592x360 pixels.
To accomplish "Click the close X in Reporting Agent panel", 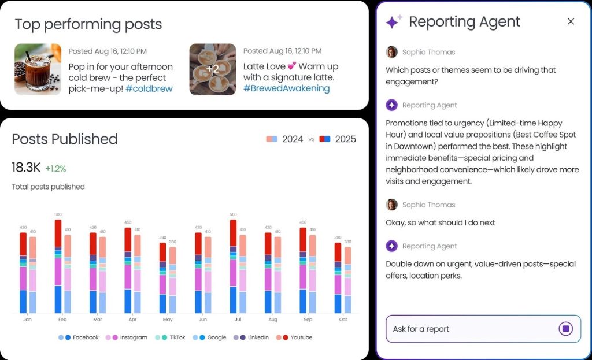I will pyautogui.click(x=571, y=21).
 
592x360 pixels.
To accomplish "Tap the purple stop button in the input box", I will pyautogui.click(x=565, y=329).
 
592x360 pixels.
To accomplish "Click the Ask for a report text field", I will pyautogui.click(x=468, y=329).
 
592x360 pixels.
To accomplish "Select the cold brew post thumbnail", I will pyautogui.click(x=38, y=69).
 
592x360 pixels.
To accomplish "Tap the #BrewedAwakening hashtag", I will pyautogui.click(x=286, y=88).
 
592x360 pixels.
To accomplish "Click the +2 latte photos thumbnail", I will pyautogui.click(x=213, y=69).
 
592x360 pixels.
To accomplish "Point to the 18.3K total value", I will pyautogui.click(x=26, y=168).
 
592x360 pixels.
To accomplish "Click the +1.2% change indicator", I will pyautogui.click(x=55, y=169).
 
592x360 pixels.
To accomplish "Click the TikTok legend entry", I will pyautogui.click(x=173, y=337).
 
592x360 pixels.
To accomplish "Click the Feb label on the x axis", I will pyautogui.click(x=62, y=320).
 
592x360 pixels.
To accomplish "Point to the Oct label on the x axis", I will pyautogui.click(x=343, y=320).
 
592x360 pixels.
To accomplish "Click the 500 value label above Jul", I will pyautogui.click(x=233, y=214).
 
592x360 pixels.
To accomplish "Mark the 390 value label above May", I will pyautogui.click(x=162, y=237).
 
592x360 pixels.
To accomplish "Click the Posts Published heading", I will pyautogui.click(x=65, y=139).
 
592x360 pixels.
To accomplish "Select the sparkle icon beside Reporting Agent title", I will pyautogui.click(x=394, y=22).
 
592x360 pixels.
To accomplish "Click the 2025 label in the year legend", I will pyautogui.click(x=345, y=139).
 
